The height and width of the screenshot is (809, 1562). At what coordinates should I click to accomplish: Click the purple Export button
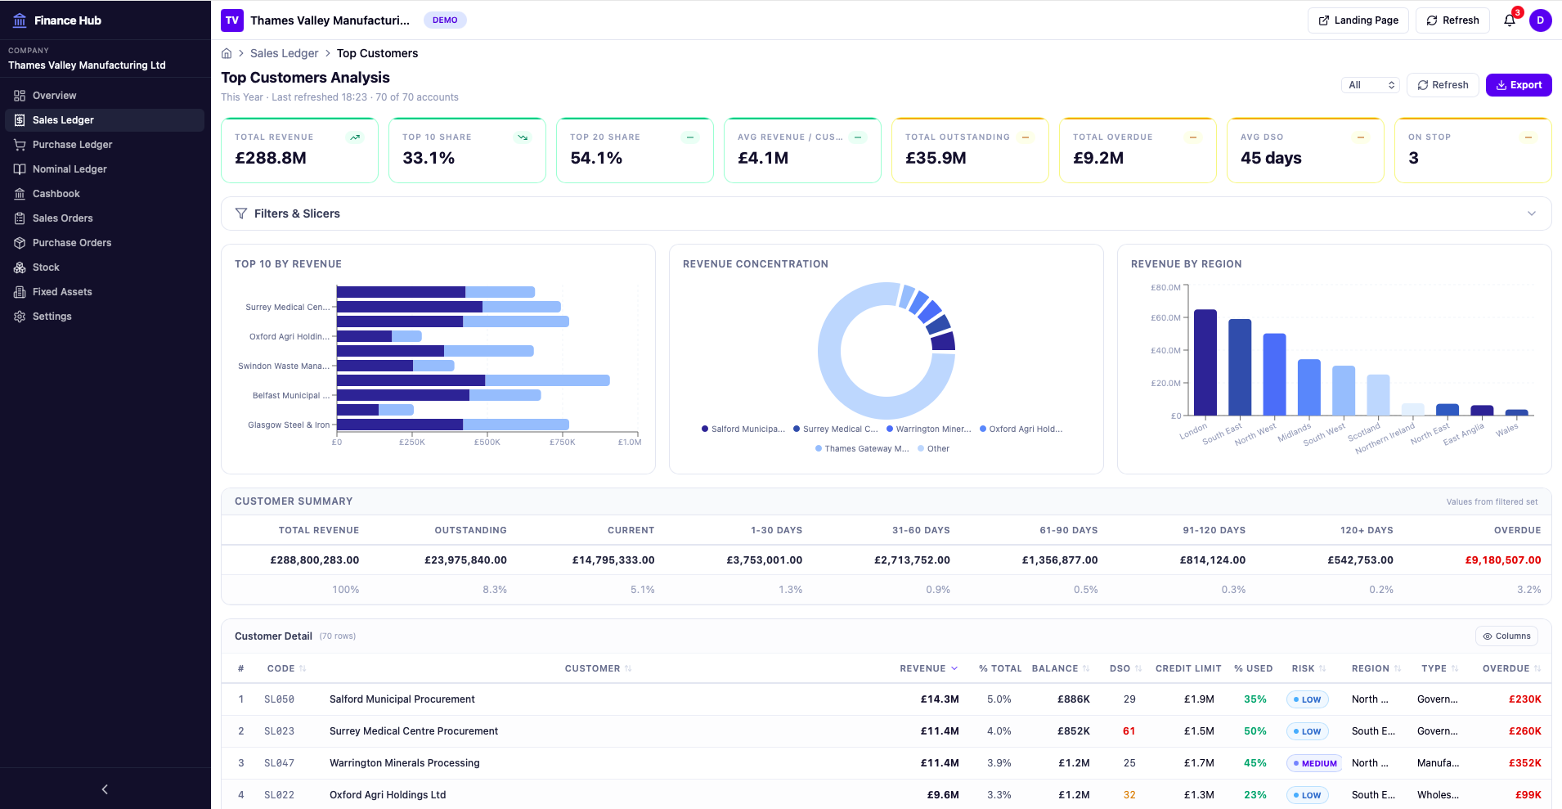[1518, 85]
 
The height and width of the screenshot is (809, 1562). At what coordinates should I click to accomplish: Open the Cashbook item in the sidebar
[56, 194]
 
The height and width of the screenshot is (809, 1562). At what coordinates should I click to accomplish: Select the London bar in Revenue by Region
[1205, 362]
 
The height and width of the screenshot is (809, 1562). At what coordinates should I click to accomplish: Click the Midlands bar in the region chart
[1308, 387]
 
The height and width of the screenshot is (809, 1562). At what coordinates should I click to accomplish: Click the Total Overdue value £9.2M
[1097, 158]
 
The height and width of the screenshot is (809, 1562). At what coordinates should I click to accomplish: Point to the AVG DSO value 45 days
[1270, 158]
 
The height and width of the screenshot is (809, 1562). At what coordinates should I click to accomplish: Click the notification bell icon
[1509, 20]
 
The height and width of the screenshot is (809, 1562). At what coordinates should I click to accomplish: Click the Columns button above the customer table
[1506, 636]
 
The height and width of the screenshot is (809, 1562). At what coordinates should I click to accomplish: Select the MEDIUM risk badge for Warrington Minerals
[1314, 763]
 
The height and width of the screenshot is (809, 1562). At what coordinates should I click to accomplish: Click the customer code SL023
[279, 731]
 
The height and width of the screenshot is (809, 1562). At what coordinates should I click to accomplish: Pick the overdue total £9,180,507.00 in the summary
[1502, 560]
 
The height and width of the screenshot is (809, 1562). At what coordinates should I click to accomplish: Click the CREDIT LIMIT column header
[1187, 669]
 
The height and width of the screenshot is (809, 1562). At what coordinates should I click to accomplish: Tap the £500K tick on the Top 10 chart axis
[487, 442]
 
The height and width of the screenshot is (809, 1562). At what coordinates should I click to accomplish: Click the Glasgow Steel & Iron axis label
[289, 425]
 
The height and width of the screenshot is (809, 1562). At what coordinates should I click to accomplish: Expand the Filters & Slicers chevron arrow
[1531, 213]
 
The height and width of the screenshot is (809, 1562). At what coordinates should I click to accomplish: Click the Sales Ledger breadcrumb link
[284, 53]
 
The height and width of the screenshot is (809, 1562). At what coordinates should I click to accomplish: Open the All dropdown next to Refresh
[1370, 85]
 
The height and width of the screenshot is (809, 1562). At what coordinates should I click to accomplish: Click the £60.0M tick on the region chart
[1165, 317]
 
